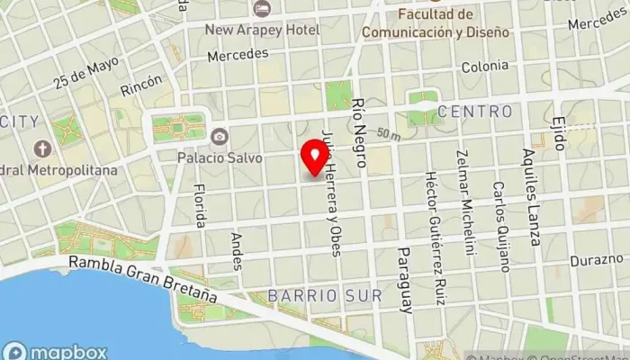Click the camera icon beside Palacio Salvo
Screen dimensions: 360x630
click(x=217, y=137)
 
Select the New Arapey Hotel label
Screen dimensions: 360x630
click(x=262, y=30)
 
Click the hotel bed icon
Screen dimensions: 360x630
click(x=262, y=9)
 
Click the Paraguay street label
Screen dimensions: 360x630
click(x=405, y=278)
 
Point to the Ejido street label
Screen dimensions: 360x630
click(x=559, y=131)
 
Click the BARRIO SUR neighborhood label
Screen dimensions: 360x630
click(x=325, y=295)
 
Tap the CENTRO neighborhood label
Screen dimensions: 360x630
click(x=475, y=112)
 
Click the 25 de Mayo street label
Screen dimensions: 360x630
click(x=85, y=74)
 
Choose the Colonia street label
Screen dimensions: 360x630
click(x=484, y=66)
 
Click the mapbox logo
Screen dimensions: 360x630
click(x=56, y=351)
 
